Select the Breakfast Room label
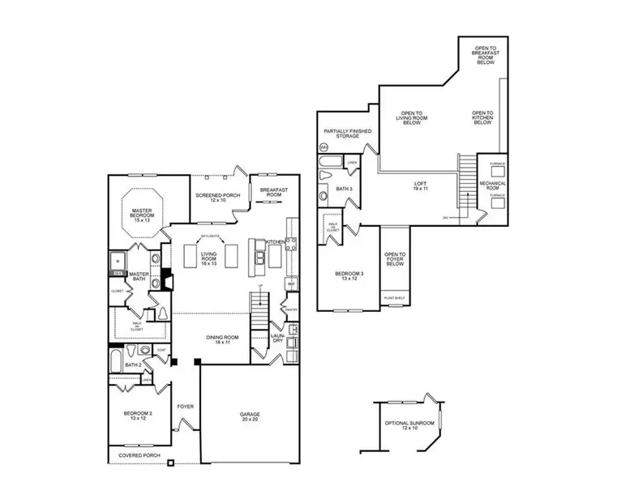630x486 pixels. (269, 193)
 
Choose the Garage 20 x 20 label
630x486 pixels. (250, 416)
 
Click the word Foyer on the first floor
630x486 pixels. (185, 407)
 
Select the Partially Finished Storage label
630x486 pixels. (342, 133)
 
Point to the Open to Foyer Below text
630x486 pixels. (395, 258)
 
